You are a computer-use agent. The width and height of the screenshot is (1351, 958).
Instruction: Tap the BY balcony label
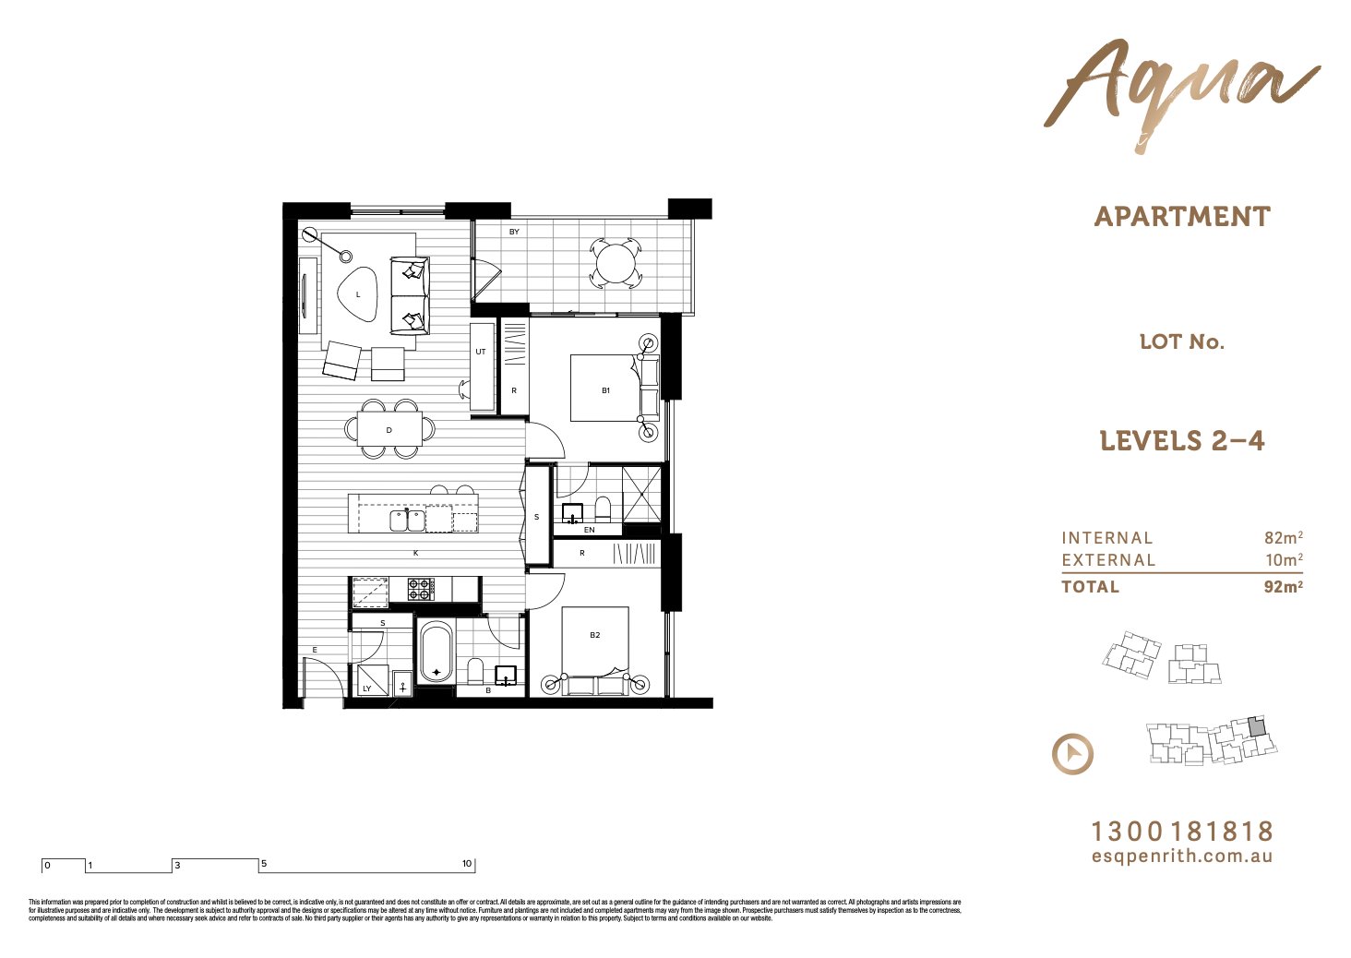point(514,232)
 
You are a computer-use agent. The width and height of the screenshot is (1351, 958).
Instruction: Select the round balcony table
point(615,264)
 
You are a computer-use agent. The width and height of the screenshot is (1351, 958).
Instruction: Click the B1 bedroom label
point(606,390)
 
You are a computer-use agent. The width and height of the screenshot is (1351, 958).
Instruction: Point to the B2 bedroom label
point(595,635)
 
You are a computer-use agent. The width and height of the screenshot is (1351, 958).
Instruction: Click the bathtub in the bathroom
point(436,653)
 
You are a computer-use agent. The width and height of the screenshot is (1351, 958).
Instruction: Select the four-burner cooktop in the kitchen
point(422,589)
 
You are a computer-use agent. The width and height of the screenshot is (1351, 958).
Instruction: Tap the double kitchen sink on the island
point(407,521)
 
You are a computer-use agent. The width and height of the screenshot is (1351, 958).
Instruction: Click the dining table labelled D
point(389,430)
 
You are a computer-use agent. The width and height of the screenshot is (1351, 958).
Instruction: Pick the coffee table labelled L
point(358,294)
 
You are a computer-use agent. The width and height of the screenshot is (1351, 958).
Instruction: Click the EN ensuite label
point(590,530)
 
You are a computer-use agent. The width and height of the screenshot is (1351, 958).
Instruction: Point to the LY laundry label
point(366,689)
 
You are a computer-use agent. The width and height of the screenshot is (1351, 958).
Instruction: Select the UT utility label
point(481,352)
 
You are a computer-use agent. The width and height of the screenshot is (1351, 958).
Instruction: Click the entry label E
point(314,651)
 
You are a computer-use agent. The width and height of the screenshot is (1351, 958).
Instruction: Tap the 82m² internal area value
point(1283,538)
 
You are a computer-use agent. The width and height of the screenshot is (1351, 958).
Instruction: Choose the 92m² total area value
point(1283,586)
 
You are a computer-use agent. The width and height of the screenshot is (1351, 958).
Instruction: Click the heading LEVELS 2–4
point(1181,441)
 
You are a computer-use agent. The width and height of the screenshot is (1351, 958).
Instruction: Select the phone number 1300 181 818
point(1182,832)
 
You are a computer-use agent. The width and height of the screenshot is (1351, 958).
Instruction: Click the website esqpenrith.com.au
point(1182,856)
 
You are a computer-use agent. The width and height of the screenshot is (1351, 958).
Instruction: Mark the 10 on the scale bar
point(467,864)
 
